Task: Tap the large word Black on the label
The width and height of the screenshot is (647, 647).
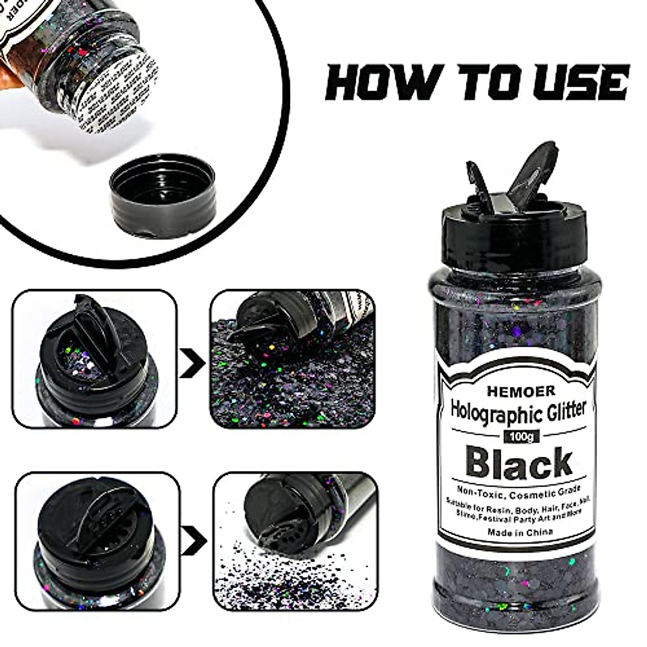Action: point(510,463)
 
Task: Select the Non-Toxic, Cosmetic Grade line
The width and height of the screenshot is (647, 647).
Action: point(510,490)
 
